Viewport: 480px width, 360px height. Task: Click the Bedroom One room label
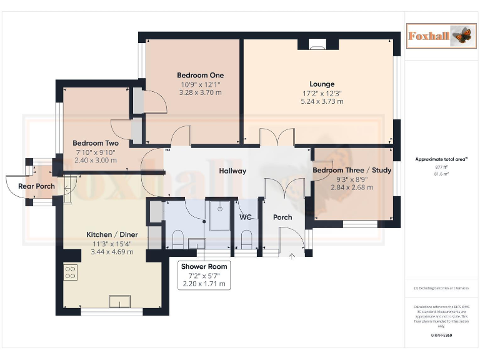pos(200,76)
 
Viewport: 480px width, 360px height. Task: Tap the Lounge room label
pos(322,84)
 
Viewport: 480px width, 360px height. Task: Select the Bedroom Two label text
pos(95,143)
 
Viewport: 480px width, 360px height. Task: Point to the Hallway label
pos(232,171)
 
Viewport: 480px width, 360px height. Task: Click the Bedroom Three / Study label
pos(351,171)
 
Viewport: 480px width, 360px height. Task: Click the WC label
pos(246,217)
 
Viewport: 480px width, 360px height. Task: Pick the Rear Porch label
pos(36,186)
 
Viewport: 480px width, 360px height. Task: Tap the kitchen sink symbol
pos(119,301)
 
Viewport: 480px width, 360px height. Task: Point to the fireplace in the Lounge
pos(317,44)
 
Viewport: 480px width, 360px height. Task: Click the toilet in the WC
pos(246,239)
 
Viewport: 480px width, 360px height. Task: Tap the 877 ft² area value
pos(441,167)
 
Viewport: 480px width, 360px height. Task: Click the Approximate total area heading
pos(441,159)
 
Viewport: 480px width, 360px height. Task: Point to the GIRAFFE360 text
pos(441,336)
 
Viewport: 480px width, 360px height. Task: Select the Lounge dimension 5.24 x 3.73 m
pos(322,101)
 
